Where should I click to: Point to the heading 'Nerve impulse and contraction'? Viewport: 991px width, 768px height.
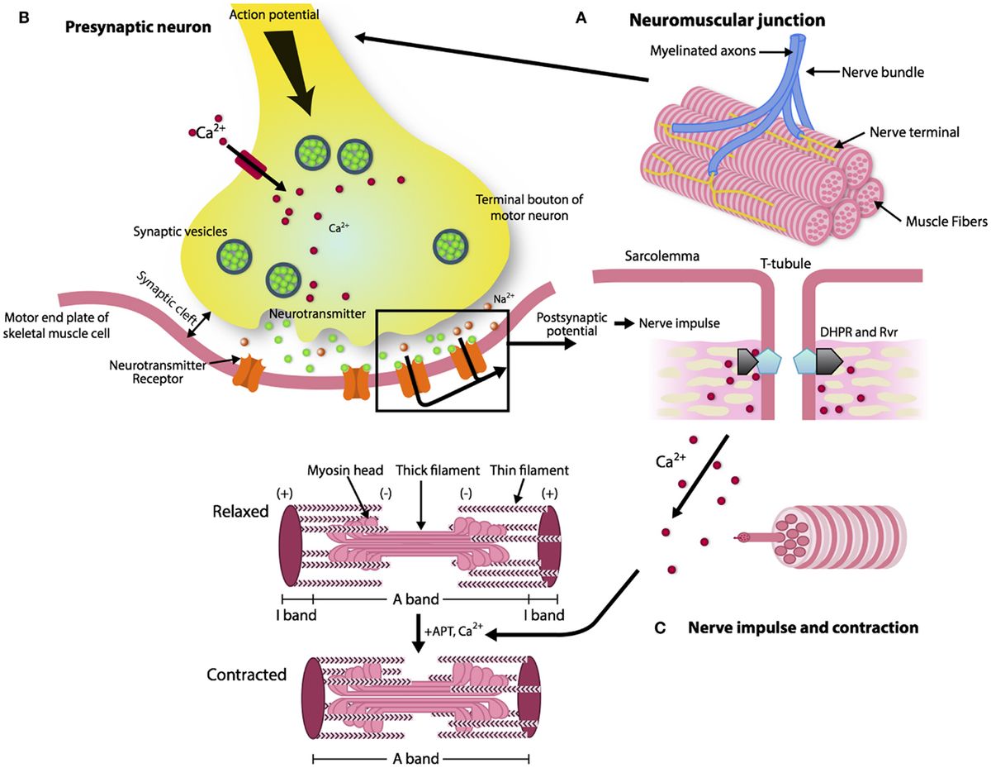(x=803, y=628)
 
